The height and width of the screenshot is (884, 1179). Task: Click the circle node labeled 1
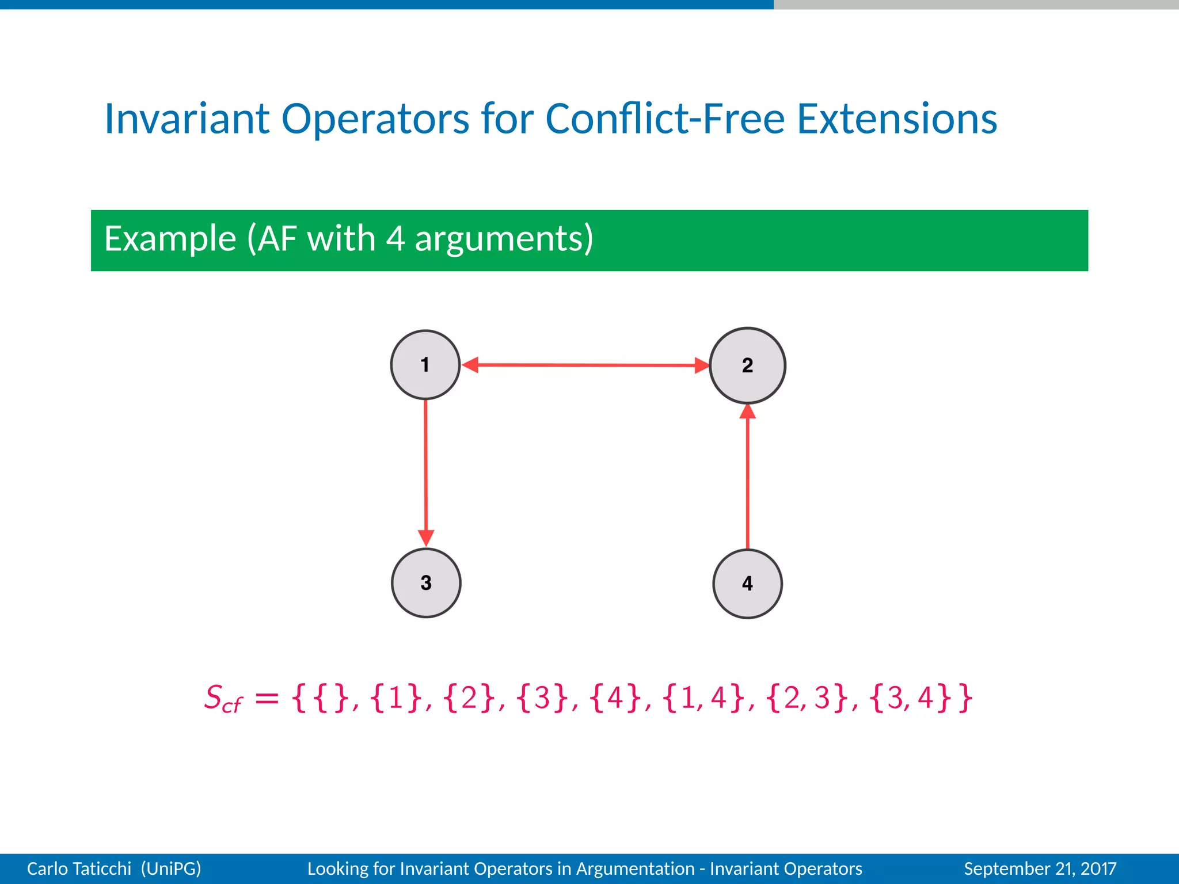click(425, 365)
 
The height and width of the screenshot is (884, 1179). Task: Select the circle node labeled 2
click(747, 365)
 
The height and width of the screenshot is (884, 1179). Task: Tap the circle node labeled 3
click(426, 583)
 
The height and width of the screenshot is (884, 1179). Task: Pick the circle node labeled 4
click(747, 584)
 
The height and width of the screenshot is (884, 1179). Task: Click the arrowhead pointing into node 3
click(426, 538)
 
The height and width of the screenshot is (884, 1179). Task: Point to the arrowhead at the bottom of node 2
click(747, 412)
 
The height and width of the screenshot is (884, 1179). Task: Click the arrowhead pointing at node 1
click(471, 365)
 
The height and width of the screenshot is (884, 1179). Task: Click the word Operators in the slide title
click(375, 119)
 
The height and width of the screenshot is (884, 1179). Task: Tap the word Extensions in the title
click(896, 119)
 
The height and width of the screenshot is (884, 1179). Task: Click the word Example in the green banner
click(170, 239)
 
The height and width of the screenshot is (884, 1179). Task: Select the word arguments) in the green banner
click(504, 239)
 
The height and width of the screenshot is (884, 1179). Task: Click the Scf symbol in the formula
click(223, 699)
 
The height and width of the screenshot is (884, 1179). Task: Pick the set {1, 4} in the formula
click(704, 698)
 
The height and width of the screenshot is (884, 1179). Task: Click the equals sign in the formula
click(267, 699)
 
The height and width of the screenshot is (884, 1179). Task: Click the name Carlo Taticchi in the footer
click(79, 868)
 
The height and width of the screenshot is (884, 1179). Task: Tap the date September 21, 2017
click(1040, 868)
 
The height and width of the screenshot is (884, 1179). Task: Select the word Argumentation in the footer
click(636, 868)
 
